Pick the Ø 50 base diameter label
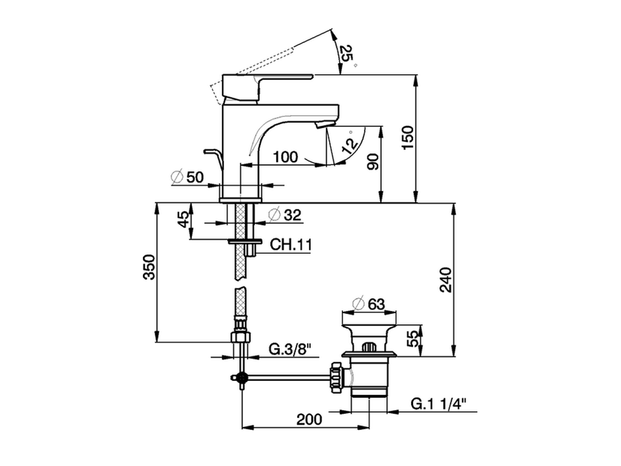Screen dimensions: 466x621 pos(188,177)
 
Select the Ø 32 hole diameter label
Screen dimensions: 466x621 pos(285,215)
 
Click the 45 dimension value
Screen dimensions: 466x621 pos(182,220)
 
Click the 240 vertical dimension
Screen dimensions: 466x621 pos(445,280)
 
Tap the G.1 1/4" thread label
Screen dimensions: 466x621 pos(439,404)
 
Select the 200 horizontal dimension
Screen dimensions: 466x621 pos(309,419)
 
